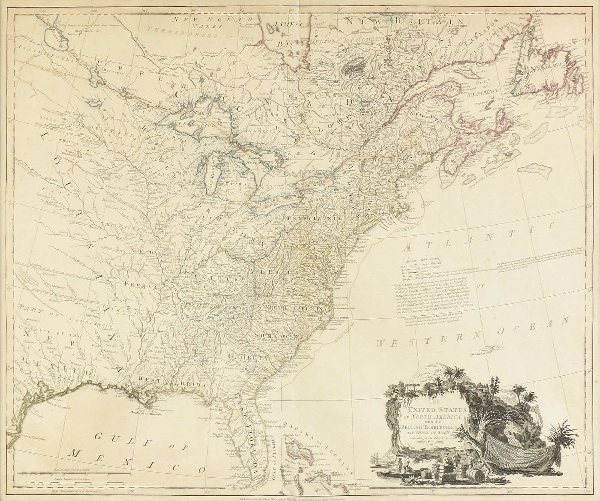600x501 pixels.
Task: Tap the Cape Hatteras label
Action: [x=341, y=318]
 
